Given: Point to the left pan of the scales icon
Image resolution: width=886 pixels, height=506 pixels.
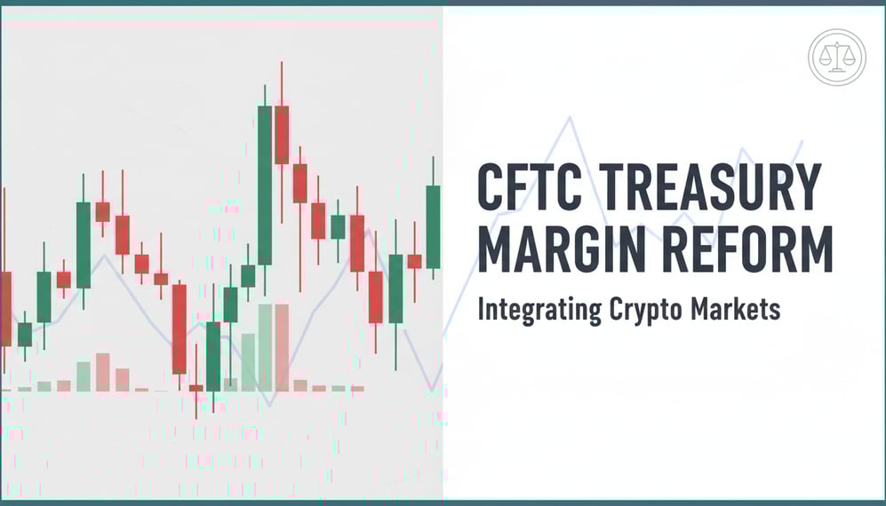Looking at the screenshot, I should (x=825, y=59).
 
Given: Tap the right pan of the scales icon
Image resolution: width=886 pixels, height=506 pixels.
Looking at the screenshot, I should (x=848, y=59).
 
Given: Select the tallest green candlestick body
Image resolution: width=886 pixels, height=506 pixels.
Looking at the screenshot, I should (x=264, y=185).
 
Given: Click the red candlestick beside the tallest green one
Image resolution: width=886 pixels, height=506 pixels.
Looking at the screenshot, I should (x=282, y=134).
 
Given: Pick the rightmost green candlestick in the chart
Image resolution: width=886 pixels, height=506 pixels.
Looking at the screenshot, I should (x=433, y=226).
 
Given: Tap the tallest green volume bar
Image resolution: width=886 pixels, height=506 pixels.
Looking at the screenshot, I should (x=264, y=347).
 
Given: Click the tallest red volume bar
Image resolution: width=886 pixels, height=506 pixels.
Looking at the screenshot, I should (x=282, y=347).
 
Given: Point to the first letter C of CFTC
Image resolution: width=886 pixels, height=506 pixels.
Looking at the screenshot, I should (x=492, y=187).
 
